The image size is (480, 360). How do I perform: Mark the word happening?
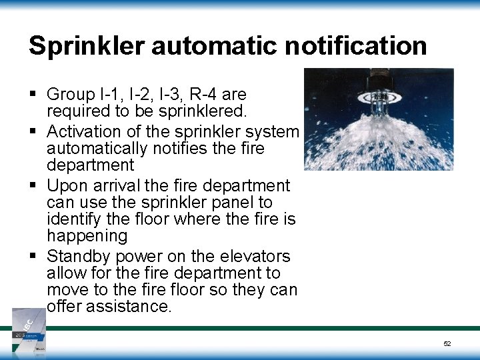click(87, 235)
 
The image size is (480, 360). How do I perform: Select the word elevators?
click(255, 256)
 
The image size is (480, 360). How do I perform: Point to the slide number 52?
click(447, 344)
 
